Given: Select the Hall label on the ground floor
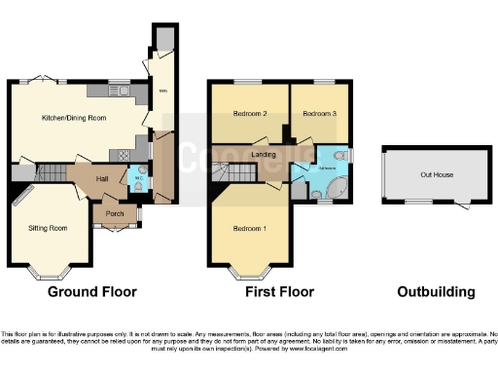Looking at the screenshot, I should pyautogui.click(x=102, y=178).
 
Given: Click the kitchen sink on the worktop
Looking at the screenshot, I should pyautogui.click(x=126, y=93).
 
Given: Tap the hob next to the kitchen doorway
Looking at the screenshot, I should pyautogui.click(x=124, y=154).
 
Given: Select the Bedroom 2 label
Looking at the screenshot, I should pyautogui.click(x=249, y=114).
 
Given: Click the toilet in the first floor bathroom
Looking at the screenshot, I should pyautogui.click(x=339, y=155).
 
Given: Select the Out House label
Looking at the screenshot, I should pyautogui.click(x=433, y=175).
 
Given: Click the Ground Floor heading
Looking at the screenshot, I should pyautogui.click(x=93, y=291).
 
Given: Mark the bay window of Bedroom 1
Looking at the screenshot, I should pyautogui.click(x=247, y=268).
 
